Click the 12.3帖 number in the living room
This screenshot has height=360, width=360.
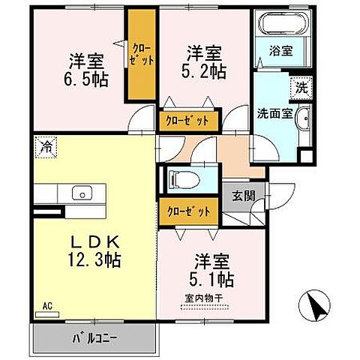coord(93,261)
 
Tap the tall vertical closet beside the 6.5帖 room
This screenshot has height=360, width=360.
coord(139,57)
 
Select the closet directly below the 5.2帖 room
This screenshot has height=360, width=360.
coord(189,120)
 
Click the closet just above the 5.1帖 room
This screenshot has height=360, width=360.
coord(189,211)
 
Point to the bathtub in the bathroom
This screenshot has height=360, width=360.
coord(281,27)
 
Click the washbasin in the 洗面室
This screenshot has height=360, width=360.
coord(301,121)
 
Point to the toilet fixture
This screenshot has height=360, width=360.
coord(182,179)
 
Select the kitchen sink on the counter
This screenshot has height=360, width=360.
coord(80,193)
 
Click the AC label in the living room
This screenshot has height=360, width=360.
coord(46,305)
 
